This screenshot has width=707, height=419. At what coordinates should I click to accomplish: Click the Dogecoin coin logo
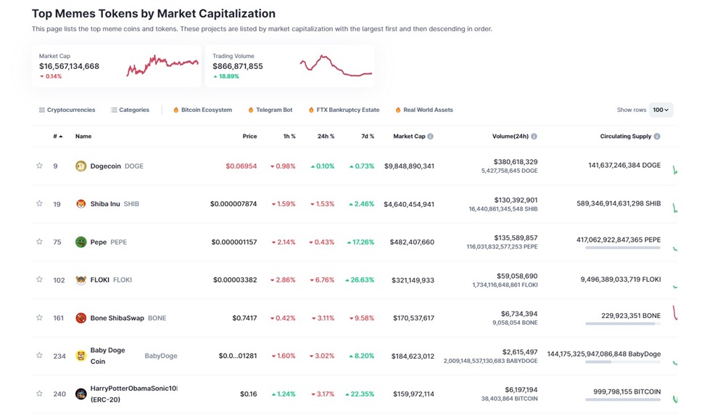coord(80,166)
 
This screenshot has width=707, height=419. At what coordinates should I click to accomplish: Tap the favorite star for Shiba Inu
coord(39,204)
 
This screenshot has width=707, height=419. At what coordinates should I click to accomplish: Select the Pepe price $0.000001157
coord(233,242)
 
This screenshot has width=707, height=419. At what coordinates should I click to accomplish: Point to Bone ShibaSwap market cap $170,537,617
coord(409,318)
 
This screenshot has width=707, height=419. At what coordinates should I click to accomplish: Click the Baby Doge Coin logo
coord(80,356)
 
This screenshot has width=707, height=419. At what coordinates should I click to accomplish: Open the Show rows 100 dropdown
coord(661,110)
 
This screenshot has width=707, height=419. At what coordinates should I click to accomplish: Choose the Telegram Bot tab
coord(270,110)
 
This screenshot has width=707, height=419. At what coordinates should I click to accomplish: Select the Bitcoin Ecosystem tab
coord(202,110)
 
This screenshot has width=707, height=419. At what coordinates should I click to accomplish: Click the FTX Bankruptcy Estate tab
coord(344,110)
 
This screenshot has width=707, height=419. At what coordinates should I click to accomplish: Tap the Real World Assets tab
coord(424,110)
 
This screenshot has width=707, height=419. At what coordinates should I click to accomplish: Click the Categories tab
coord(130,110)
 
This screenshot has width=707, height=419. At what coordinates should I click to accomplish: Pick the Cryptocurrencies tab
coord(67,110)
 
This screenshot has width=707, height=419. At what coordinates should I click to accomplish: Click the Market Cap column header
coord(409,137)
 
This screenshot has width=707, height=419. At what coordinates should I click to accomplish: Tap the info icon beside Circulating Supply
coord(657,137)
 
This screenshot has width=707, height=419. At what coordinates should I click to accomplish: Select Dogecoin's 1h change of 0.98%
coord(283,166)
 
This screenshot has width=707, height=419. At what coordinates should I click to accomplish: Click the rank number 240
coord(59,394)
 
